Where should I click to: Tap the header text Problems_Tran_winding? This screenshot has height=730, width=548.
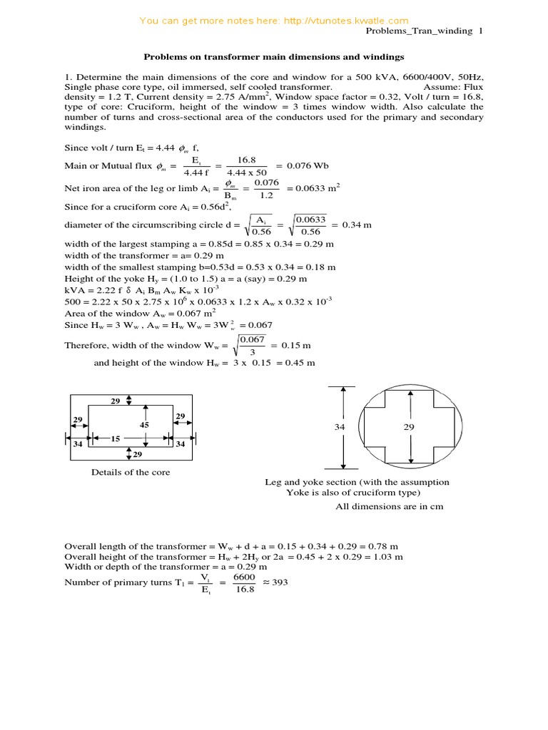pyautogui.click(x=420, y=31)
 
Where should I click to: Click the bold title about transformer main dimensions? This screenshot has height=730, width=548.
pyautogui.click(x=275, y=56)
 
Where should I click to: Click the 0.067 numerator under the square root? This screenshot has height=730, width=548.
pyautogui.click(x=251, y=339)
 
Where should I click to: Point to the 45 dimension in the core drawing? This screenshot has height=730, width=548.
pyautogui.click(x=144, y=425)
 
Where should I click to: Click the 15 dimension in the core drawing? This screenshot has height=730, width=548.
pyautogui.click(x=115, y=438)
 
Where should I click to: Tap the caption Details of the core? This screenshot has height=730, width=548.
pyautogui.click(x=130, y=472)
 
